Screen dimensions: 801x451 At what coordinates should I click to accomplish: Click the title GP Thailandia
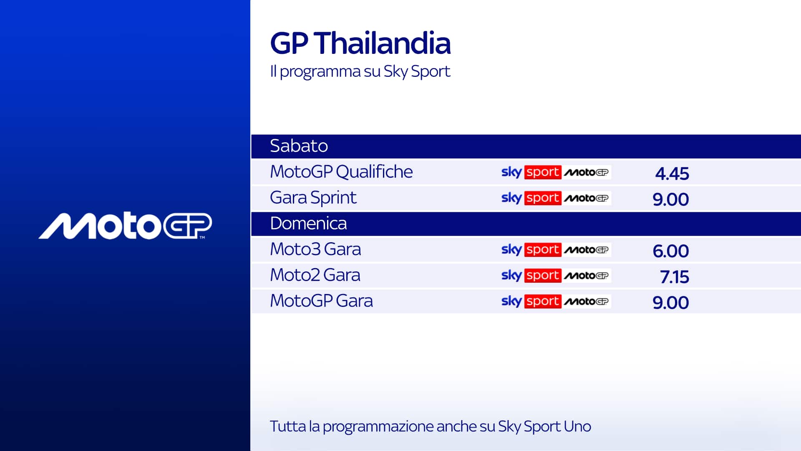[x=360, y=43]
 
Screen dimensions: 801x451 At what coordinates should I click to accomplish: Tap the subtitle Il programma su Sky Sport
[x=360, y=71]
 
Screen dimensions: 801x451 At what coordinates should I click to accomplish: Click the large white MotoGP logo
[x=125, y=226]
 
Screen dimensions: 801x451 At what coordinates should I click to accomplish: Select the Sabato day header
[x=299, y=146]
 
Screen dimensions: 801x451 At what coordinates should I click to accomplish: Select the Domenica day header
[x=308, y=223]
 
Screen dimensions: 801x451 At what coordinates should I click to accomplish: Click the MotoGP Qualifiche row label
[x=341, y=172]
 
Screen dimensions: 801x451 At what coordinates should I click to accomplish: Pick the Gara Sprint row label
[x=313, y=198]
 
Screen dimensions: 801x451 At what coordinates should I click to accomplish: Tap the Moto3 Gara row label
[x=315, y=249]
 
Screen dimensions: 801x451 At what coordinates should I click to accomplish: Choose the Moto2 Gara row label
[x=315, y=275]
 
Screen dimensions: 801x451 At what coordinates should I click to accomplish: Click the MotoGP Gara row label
[x=321, y=301]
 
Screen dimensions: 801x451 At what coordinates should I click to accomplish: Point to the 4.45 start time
[x=672, y=173]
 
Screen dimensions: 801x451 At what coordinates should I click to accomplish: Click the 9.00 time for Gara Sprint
[x=671, y=199]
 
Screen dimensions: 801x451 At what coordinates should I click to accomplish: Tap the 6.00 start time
[x=671, y=251]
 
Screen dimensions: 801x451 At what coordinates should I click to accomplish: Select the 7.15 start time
[x=675, y=277]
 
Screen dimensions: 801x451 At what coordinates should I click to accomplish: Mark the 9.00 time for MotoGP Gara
[x=671, y=303]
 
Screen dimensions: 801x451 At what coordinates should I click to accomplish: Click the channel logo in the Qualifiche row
[x=556, y=172]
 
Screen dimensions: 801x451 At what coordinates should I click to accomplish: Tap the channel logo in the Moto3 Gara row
[x=556, y=250]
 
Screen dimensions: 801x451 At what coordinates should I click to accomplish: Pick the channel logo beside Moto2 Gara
[x=556, y=276]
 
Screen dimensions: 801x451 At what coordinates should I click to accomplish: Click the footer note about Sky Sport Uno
[x=430, y=427]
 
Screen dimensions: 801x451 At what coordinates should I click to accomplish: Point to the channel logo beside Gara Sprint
[x=556, y=198]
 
